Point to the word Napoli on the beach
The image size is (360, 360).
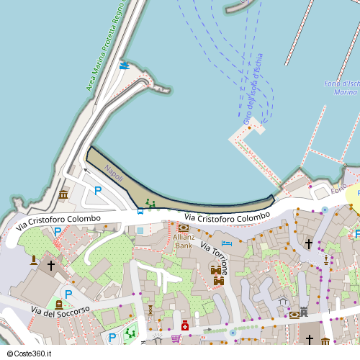coord(114,173)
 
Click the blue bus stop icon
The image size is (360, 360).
coord(140,211)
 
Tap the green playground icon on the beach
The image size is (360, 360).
coord(150,204)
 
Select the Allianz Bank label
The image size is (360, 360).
coord(183,241)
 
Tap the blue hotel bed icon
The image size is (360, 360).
coord(226,243)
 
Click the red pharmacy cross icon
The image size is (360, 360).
coord(185,326)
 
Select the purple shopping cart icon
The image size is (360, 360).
coord(175,338)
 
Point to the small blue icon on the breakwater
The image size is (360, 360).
coord(124,65)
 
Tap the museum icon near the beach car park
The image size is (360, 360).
coord(63,195)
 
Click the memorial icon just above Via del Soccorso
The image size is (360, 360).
coord(58,305)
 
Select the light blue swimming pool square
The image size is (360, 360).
coord(140,230)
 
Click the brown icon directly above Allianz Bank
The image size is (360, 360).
coord(183,228)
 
